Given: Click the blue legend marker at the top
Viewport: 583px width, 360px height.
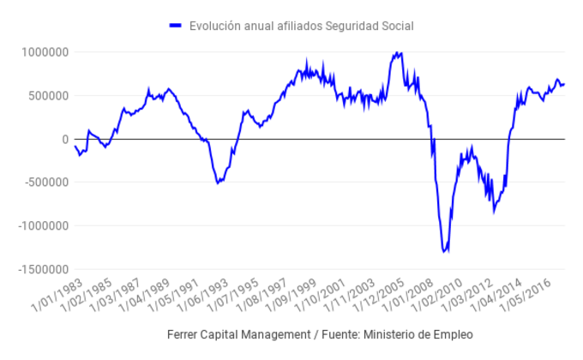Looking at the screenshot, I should point(176,26).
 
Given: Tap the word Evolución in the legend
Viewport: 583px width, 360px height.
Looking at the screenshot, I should point(214,26).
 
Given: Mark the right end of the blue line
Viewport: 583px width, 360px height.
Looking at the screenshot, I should point(564,84).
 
